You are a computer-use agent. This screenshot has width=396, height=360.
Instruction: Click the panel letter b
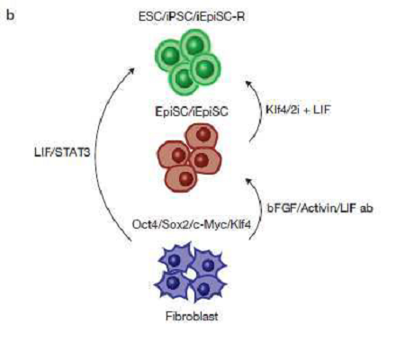point(10,15)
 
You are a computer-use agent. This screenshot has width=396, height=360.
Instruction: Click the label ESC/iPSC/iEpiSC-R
point(192,16)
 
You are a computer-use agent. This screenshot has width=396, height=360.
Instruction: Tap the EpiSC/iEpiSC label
point(192,112)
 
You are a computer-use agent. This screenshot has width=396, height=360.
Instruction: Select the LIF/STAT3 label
point(62,152)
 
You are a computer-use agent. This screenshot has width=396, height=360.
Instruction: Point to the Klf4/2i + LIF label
point(298,110)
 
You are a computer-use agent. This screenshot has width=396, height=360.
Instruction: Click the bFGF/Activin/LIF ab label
point(320,208)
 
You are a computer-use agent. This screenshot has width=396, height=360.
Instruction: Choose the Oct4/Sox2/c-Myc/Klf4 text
point(192,224)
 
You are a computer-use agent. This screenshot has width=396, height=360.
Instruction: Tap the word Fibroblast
point(192,316)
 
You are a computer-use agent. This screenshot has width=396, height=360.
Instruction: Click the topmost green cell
point(195,46)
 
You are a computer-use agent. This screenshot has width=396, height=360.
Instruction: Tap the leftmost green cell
point(170,56)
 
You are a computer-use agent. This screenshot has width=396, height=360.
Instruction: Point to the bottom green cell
point(184,78)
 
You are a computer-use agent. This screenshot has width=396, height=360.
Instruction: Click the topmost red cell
point(202,136)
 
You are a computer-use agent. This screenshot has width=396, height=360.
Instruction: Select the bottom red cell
point(182,178)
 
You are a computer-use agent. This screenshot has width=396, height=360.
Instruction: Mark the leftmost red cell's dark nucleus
point(178,156)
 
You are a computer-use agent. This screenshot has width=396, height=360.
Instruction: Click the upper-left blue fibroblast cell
point(175,260)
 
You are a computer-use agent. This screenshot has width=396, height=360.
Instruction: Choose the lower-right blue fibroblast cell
point(207,287)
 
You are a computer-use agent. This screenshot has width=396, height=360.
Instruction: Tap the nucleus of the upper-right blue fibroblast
point(208,265)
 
